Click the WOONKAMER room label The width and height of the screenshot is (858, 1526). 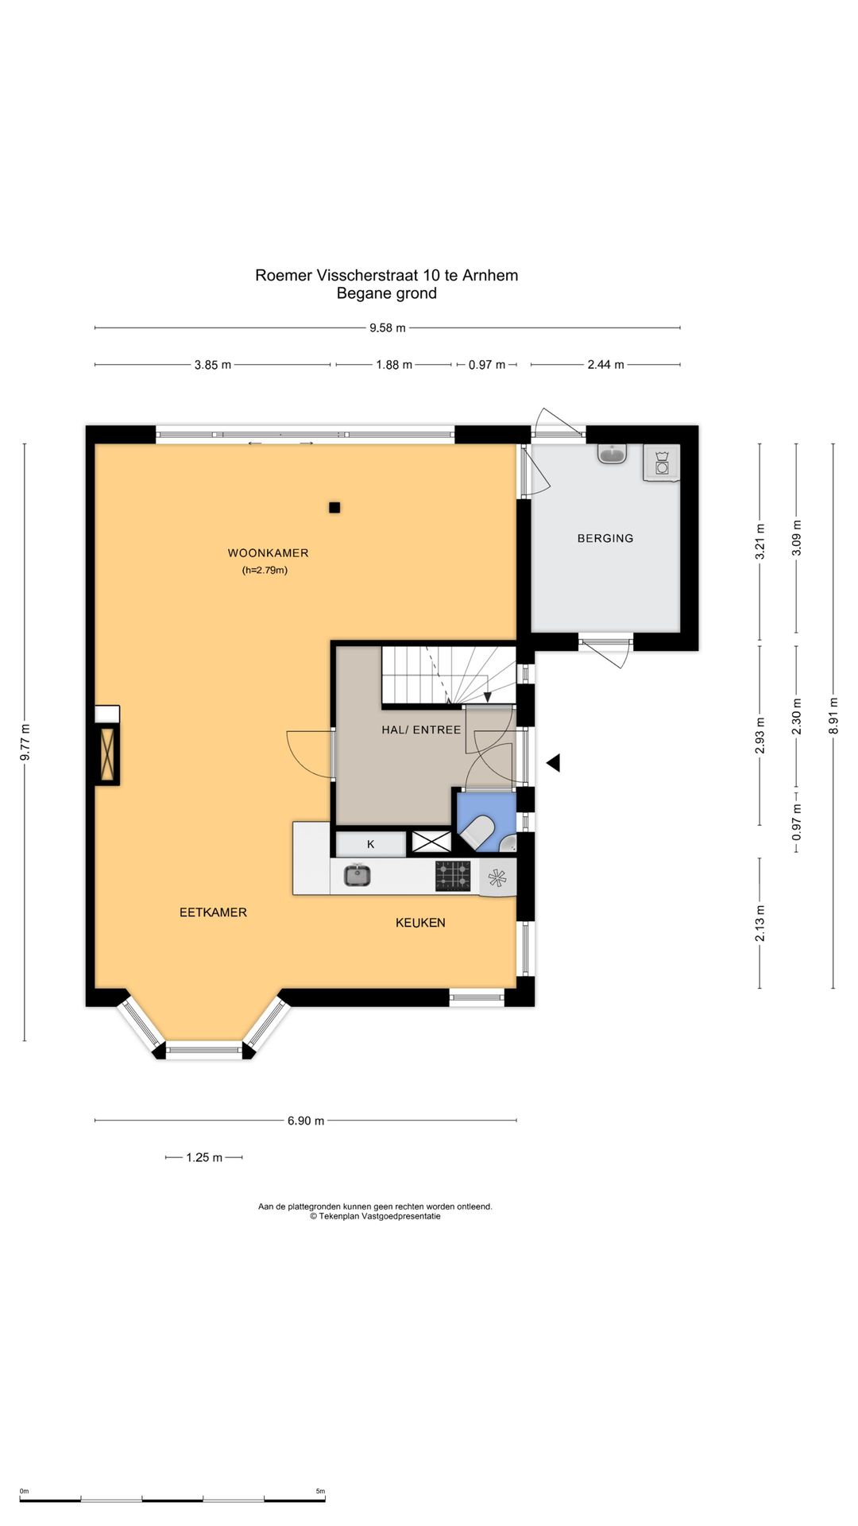coord(268,553)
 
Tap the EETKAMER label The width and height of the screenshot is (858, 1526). coord(213,912)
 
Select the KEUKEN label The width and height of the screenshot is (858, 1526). coord(420,923)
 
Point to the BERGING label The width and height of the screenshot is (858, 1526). coord(605,538)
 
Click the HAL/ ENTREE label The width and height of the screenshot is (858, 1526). coord(421,730)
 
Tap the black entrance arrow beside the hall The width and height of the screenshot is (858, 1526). coord(553,763)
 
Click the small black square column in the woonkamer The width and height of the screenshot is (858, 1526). coord(334,508)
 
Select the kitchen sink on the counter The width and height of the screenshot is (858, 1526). coord(357,876)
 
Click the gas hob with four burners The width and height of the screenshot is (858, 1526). coord(453,876)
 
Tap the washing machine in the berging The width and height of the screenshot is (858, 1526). coord(662,463)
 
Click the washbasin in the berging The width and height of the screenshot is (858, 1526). coord(612,453)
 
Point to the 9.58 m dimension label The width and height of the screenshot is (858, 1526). coord(388,327)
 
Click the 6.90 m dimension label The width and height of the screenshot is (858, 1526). coord(306,1121)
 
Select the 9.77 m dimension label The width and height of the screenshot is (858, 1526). coord(25,742)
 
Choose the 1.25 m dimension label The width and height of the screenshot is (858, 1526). coord(204,1157)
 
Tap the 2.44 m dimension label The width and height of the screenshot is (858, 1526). coord(605,365)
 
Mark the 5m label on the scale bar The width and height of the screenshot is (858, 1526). coord(320,1491)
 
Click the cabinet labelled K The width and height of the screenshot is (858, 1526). coord(370,844)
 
